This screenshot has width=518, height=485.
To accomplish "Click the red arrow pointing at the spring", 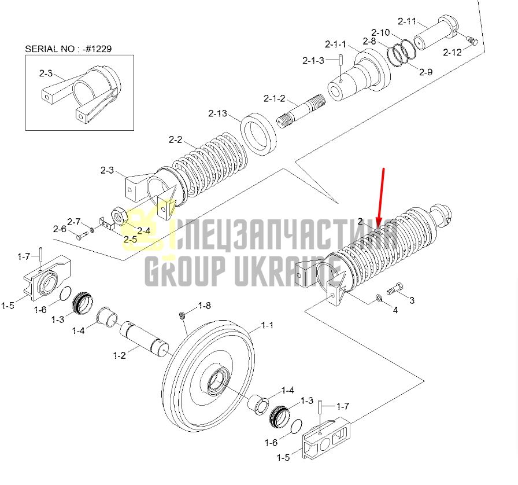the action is [381, 197].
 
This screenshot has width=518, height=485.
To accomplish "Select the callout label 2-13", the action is [218, 113].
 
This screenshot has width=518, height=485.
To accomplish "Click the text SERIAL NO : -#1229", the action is [68, 49].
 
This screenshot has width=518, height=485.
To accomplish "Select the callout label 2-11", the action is [406, 21].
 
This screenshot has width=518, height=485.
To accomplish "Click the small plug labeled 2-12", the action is [471, 41].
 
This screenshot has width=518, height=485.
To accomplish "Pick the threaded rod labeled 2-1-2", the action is [301, 110].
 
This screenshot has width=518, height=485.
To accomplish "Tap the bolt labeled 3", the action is [395, 289].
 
